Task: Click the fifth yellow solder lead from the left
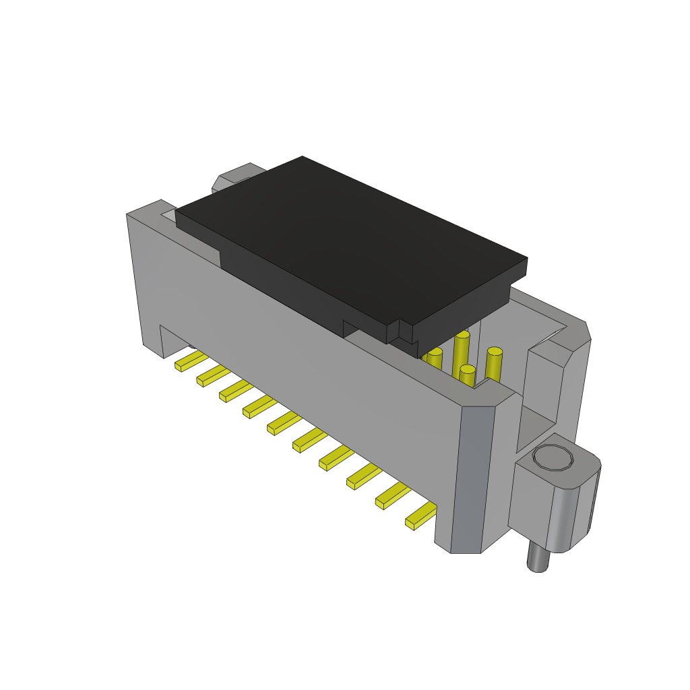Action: (284, 423)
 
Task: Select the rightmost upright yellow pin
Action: (494, 364)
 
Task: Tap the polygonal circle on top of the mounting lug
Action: (553, 458)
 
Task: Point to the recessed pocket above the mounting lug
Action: (536, 425)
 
